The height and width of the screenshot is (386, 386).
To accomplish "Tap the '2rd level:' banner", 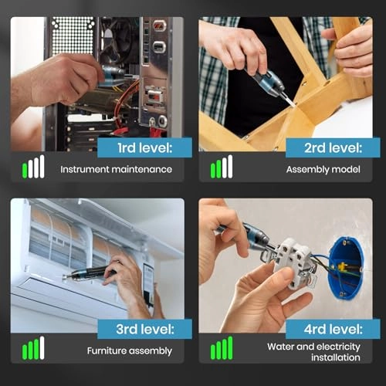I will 322,147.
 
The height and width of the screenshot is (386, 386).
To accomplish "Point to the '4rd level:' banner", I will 322,329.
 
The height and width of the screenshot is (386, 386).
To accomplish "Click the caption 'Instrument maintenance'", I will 116,168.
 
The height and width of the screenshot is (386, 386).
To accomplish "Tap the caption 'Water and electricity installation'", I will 313,351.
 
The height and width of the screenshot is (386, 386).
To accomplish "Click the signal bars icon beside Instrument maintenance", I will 33,167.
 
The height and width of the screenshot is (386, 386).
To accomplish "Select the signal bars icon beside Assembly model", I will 222,167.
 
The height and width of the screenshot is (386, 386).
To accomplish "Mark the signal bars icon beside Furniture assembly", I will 33,349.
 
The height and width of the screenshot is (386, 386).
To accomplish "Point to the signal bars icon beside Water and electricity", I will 222,349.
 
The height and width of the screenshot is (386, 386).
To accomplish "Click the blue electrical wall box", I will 344,266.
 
